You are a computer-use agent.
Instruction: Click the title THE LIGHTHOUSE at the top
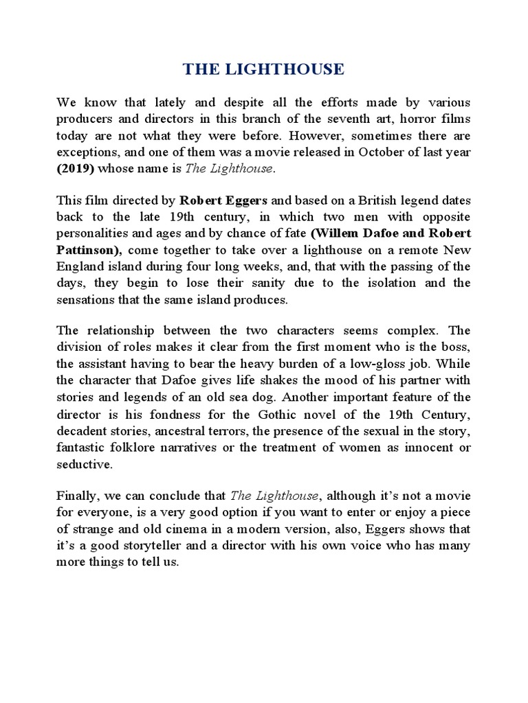pyautogui.click(x=263, y=69)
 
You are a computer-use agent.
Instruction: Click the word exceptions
pyautogui.click(x=85, y=151)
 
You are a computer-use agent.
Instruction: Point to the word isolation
pyautogui.click(x=390, y=283)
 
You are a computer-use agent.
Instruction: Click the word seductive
pyautogui.click(x=85, y=464)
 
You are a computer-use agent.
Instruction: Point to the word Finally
pyautogui.click(x=77, y=496)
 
